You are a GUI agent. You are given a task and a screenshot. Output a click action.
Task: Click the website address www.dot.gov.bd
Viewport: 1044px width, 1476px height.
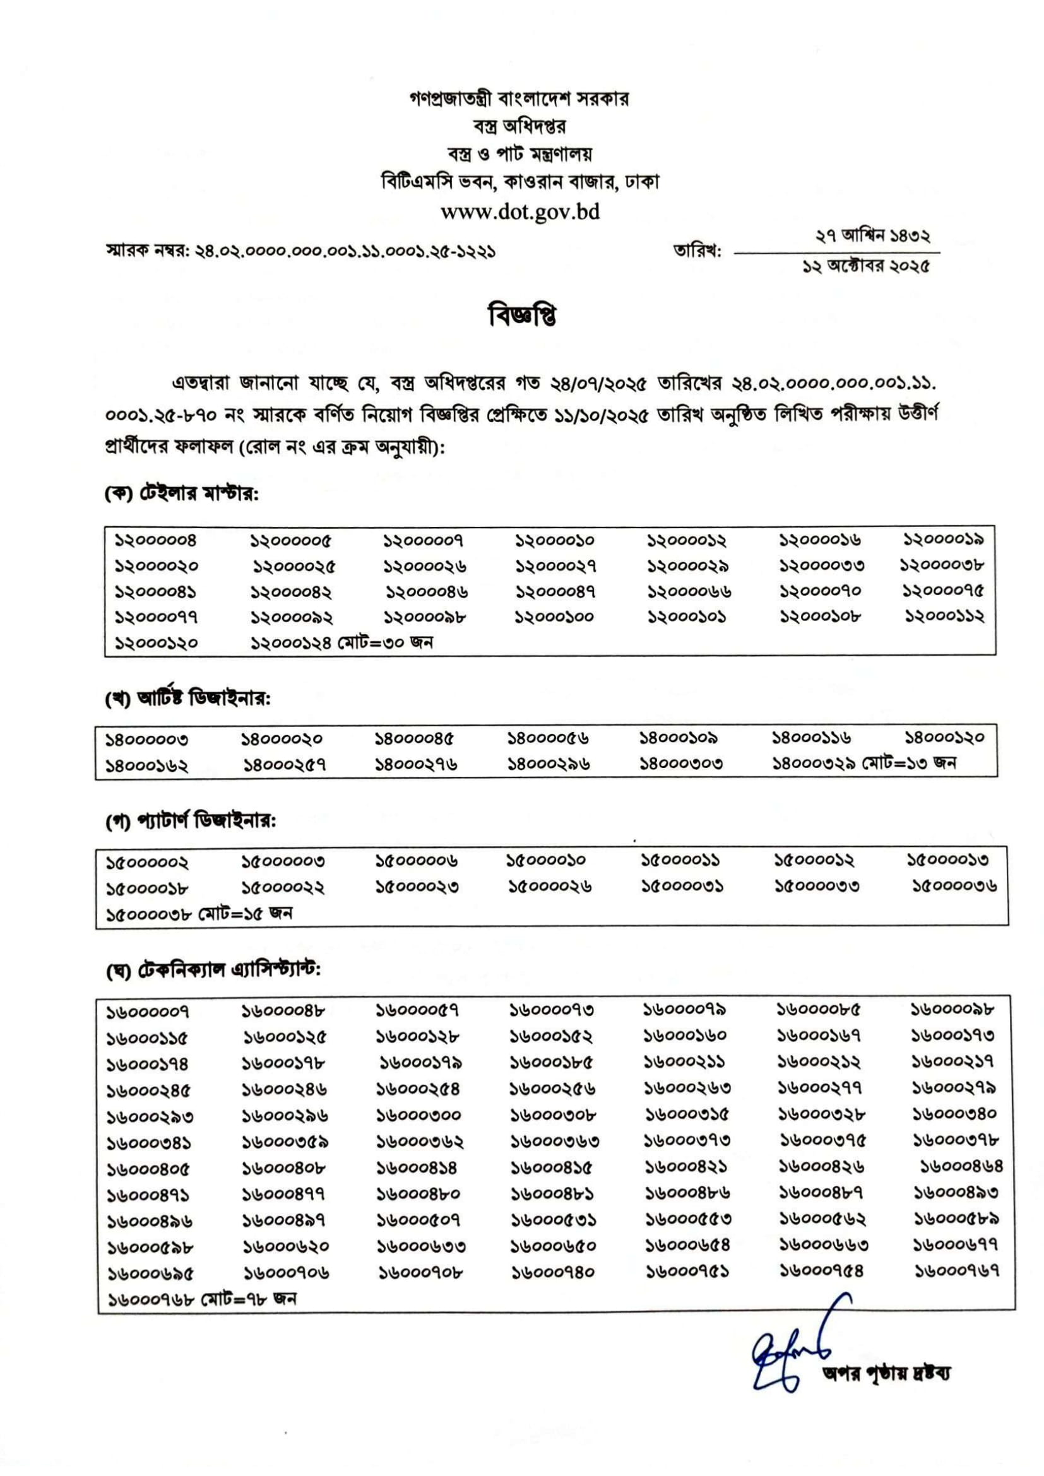click(520, 212)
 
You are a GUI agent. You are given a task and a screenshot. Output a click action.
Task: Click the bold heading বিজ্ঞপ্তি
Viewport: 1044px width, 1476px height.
click(522, 316)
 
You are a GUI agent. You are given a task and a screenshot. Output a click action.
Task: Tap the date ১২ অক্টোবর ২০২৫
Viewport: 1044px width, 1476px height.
click(865, 267)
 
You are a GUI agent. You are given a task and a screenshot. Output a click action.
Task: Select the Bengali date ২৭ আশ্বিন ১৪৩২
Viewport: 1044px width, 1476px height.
click(873, 237)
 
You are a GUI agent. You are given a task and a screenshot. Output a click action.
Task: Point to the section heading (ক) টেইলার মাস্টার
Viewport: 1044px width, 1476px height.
click(182, 494)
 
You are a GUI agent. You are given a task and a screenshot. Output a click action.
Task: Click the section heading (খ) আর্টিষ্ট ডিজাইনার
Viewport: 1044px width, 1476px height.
click(187, 699)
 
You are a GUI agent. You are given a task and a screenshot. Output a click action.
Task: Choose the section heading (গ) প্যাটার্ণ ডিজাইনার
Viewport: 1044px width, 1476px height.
click(190, 822)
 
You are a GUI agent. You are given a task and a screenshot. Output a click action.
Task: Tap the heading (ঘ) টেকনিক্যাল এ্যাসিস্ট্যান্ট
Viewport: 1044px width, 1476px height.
click(213, 970)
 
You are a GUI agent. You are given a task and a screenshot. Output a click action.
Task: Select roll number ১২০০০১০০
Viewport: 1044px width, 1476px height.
click(554, 617)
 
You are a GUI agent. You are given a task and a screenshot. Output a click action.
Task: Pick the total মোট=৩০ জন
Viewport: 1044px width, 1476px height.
click(386, 642)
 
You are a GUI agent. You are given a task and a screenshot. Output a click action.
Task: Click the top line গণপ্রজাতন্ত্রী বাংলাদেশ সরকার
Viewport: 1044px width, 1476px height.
click(519, 99)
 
